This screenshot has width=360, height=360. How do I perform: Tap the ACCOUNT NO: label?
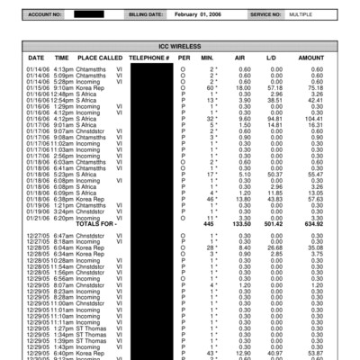(x=45, y=15)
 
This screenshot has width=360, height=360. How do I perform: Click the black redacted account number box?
(x=89, y=15)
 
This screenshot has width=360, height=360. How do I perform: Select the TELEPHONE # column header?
(x=149, y=57)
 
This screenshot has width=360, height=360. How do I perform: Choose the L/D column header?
(x=271, y=57)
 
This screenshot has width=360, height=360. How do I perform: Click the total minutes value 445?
(x=212, y=223)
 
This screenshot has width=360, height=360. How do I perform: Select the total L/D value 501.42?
(x=271, y=223)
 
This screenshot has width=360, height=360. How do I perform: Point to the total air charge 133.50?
(x=241, y=223)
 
